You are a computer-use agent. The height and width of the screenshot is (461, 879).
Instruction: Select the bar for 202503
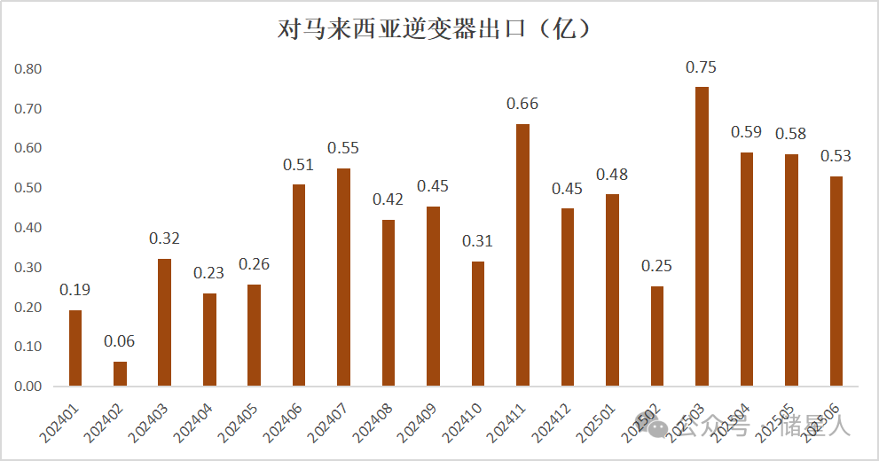(702, 236)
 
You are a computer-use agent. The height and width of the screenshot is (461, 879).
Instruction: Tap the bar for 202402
(120, 373)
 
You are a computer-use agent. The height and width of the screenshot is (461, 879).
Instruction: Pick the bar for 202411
(522, 254)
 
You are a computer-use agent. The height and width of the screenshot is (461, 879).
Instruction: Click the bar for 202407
(343, 277)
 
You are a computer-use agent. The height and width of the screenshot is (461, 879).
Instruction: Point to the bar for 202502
(656, 336)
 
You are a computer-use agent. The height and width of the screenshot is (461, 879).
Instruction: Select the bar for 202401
(75, 348)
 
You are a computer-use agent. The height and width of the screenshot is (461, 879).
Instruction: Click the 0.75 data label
(702, 67)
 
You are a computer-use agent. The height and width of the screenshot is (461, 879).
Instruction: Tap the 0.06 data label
(120, 341)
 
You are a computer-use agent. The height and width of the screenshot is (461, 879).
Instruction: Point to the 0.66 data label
(522, 104)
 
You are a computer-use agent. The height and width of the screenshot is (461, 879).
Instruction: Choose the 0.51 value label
(299, 164)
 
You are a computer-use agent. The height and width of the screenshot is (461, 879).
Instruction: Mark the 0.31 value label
(477, 241)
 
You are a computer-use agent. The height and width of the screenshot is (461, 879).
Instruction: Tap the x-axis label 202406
(285, 418)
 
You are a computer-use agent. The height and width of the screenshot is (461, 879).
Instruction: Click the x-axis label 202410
(463, 418)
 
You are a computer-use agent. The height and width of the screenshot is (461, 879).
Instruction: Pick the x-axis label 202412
(553, 418)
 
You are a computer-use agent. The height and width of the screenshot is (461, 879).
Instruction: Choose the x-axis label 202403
(151, 418)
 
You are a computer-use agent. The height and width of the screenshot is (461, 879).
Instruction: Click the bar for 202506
(836, 281)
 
